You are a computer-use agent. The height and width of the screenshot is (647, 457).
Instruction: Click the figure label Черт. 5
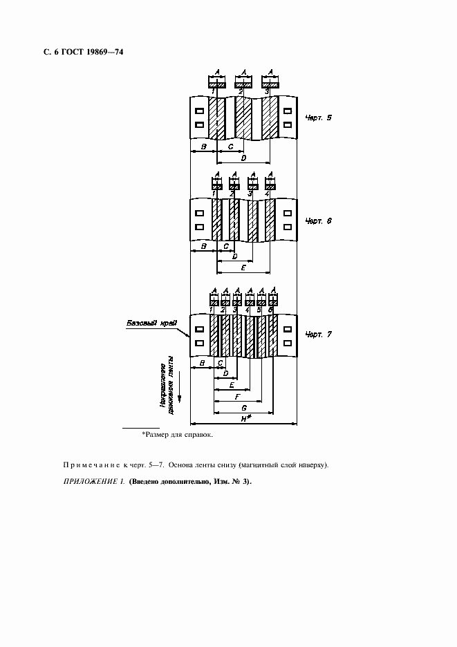tap(318, 118)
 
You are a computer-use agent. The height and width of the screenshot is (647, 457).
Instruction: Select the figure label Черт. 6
tap(318, 221)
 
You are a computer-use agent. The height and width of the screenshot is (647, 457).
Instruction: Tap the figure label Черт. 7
tap(318, 335)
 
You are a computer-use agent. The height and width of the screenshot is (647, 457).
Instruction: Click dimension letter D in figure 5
tap(244, 158)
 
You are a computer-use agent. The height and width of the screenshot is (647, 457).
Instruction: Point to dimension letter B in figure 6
tap(203, 246)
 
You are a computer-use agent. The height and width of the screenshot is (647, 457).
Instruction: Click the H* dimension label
tap(245, 419)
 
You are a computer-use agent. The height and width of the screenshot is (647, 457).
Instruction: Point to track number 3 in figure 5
tap(267, 92)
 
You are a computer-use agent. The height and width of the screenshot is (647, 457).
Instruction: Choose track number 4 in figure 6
tap(267, 194)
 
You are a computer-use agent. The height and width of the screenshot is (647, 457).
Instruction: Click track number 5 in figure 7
tap(259, 310)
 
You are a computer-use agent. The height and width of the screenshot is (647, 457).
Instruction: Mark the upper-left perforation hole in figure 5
tap(199, 111)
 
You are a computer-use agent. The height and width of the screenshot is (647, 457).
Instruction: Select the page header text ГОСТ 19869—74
tap(88, 52)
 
